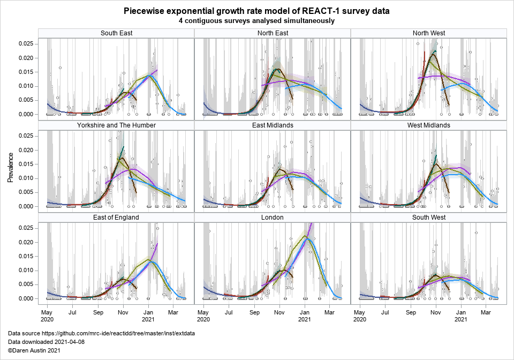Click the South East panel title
coord(116,33)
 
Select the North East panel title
coord(273,33)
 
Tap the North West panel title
coord(429,33)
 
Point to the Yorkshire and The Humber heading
coord(116,125)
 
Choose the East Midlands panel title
coord(273,125)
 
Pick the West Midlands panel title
coord(429,125)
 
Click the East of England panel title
coord(116,217)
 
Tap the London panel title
coord(273,217)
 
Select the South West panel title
coord(429,217)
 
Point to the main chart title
coord(256,11)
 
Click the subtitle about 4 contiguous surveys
coord(256,21)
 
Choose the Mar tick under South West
coord(486,312)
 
